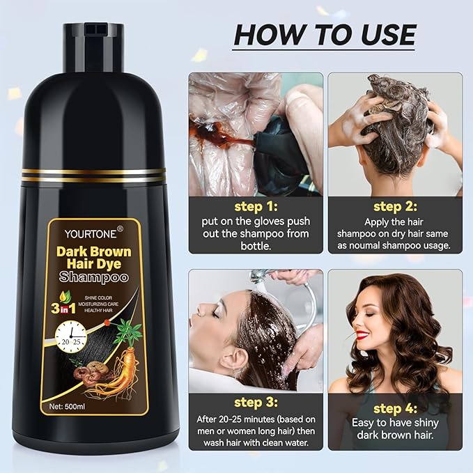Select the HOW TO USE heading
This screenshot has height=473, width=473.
[324, 34]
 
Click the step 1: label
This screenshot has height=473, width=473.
[255, 206]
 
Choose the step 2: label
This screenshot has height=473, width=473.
[394, 206]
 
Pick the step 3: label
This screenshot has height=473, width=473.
[255, 403]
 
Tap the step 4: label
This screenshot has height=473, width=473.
[394, 409]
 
